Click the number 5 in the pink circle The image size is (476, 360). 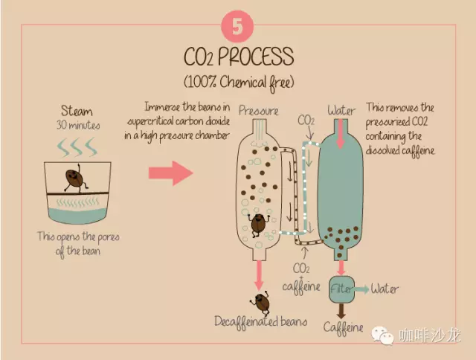(237, 26)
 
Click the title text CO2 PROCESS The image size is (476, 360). (239, 57)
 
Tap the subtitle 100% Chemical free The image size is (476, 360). (239, 83)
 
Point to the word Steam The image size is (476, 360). (77, 111)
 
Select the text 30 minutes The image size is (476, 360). (78, 125)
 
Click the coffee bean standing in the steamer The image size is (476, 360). (74, 179)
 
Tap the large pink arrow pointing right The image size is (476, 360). (171, 173)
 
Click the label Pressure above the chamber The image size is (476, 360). (258, 111)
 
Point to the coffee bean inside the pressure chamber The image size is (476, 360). (258, 225)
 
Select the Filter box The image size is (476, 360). (341, 289)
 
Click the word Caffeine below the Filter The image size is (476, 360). (343, 327)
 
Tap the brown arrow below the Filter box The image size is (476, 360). (341, 310)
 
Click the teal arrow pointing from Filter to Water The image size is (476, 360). (361, 289)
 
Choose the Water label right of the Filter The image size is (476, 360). (385, 289)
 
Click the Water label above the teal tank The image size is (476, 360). (341, 111)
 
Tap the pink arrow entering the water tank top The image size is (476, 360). (341, 134)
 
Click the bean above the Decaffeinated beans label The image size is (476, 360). (261, 302)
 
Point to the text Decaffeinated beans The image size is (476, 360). (261, 322)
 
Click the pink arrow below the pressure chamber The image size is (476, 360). (259, 275)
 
